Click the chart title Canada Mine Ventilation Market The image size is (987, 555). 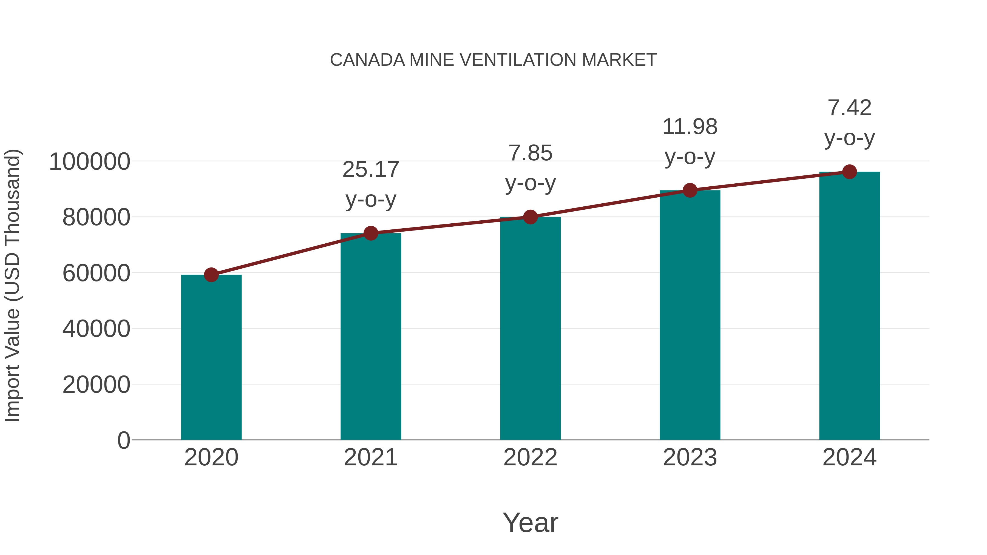tap(493, 60)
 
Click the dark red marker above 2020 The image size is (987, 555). tap(211, 275)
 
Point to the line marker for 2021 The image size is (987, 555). tap(371, 233)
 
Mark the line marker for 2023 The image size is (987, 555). tap(690, 190)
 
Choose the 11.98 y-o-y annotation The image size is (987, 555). tap(690, 141)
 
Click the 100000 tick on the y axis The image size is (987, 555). tap(90, 162)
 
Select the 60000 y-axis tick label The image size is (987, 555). tap(96, 274)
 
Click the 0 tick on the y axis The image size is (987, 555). tap(124, 440)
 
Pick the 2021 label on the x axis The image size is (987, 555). tap(371, 457)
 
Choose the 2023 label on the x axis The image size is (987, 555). tap(690, 457)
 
